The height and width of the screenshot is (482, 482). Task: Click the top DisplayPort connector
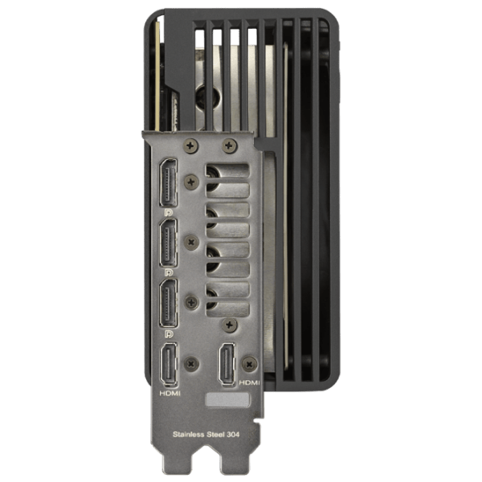click(x=168, y=182)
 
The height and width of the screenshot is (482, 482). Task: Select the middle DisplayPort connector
click(x=168, y=243)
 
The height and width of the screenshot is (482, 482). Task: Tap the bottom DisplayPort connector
click(x=168, y=303)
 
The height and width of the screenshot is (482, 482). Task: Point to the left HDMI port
click(x=169, y=365)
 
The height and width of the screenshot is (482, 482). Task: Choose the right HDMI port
click(x=227, y=364)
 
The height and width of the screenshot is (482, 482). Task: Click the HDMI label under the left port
click(x=170, y=393)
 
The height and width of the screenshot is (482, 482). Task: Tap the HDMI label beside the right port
click(x=249, y=382)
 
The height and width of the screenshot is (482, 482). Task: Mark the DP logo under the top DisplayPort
click(x=169, y=212)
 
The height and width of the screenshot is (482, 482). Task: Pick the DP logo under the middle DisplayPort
click(x=169, y=272)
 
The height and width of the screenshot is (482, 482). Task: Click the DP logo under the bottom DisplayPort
click(x=169, y=333)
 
